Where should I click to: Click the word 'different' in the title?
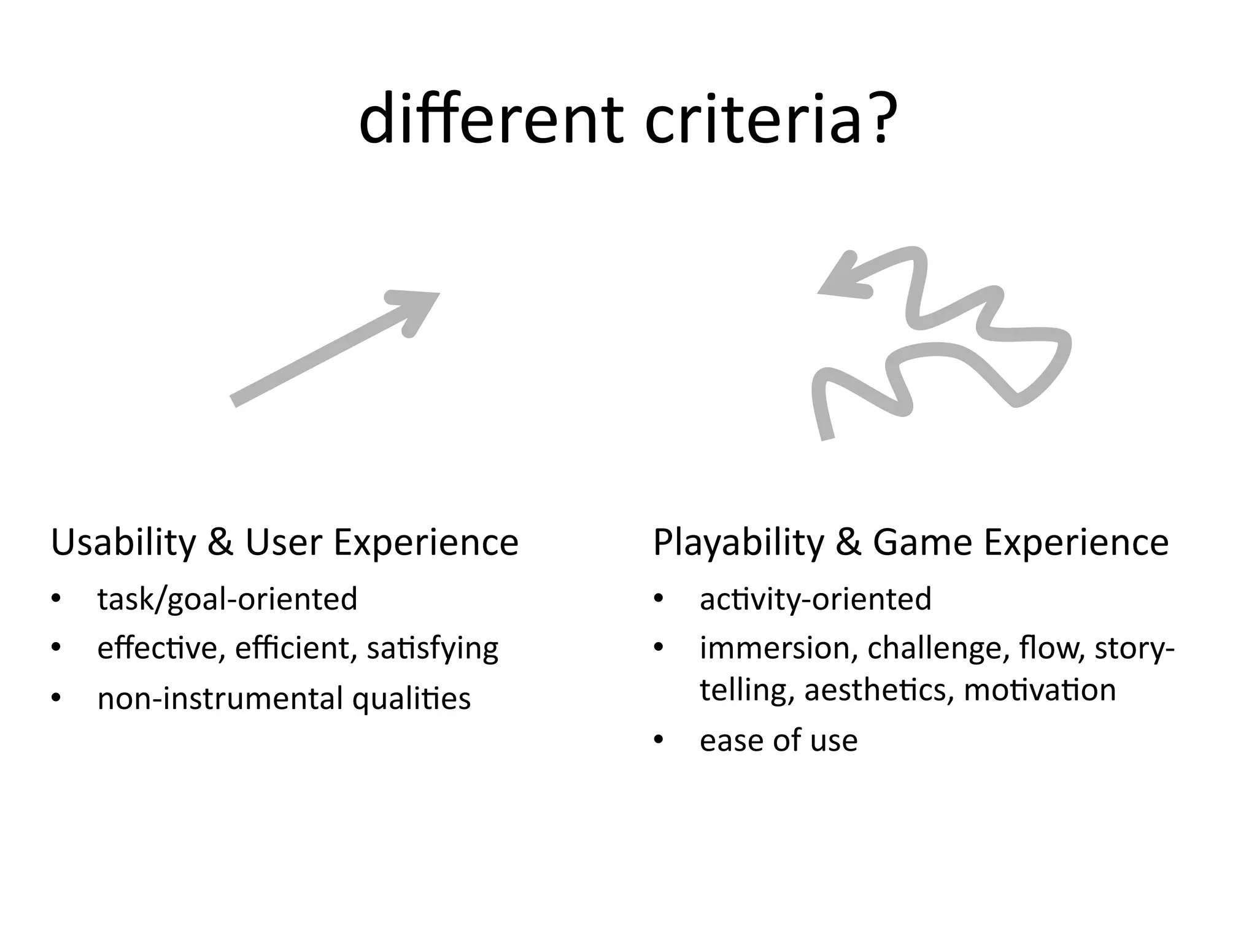[492, 120]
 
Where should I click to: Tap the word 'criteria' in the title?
[754, 120]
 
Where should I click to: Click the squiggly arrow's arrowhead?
[844, 279]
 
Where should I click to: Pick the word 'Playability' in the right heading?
[737, 543]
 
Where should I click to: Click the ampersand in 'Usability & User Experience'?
[220, 543]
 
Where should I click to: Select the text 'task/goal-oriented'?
[227, 599]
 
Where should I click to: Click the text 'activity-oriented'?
[815, 599]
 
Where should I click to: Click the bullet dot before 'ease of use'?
[659, 740]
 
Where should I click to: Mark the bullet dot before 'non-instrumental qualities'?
[56, 698]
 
